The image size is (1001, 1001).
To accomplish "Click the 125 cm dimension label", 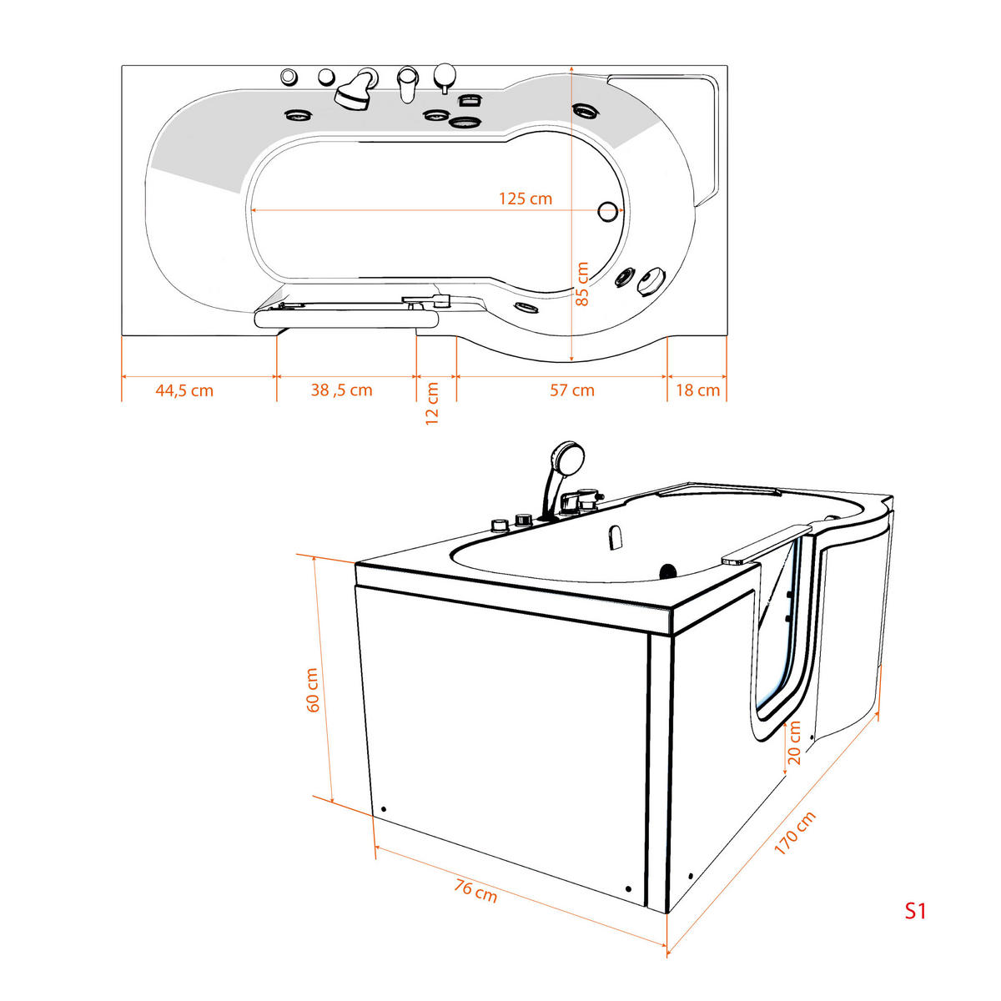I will pyautogui.click(x=526, y=199).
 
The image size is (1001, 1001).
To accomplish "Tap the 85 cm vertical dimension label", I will pyautogui.click(x=582, y=284).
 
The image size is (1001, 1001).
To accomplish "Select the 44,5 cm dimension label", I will pyautogui.click(x=184, y=390).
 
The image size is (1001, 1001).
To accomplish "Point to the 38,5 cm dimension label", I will pyautogui.click(x=342, y=390).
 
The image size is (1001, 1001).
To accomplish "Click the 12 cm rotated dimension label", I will pyautogui.click(x=432, y=404).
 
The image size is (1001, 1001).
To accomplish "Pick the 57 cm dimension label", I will pyautogui.click(x=572, y=390).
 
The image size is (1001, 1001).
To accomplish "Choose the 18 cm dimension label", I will pyautogui.click(x=697, y=390).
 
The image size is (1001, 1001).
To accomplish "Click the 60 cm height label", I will pyautogui.click(x=313, y=690).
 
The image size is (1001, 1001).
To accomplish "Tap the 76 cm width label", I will pyautogui.click(x=476, y=890).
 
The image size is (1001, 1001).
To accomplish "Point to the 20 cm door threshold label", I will pyautogui.click(x=794, y=742).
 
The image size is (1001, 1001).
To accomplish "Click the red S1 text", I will pyautogui.click(x=916, y=911).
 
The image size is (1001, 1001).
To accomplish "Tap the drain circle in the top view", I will pyautogui.click(x=609, y=212).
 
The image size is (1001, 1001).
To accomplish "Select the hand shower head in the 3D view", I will pyautogui.click(x=567, y=457).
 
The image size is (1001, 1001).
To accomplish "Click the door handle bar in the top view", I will pyautogui.click(x=345, y=316).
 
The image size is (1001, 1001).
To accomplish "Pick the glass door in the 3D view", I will pyautogui.click(x=780, y=634).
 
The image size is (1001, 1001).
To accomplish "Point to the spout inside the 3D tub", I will pyautogui.click(x=616, y=537).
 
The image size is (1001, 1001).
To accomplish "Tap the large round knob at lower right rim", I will pyautogui.click(x=651, y=281).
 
